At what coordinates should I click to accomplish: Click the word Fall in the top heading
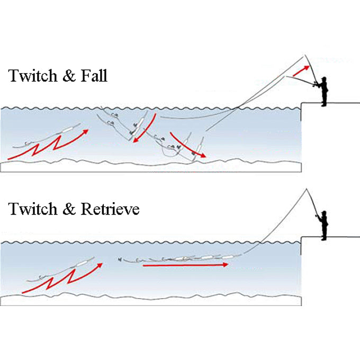[x=93, y=76]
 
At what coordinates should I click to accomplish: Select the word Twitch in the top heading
[x=32, y=76]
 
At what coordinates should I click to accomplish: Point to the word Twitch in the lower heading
[x=32, y=209]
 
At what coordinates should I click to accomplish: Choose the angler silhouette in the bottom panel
[x=323, y=224]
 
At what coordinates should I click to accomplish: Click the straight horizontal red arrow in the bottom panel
[x=185, y=265]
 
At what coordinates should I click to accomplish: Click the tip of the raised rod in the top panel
[x=305, y=55]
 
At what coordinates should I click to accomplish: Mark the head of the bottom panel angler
[x=323, y=214]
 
